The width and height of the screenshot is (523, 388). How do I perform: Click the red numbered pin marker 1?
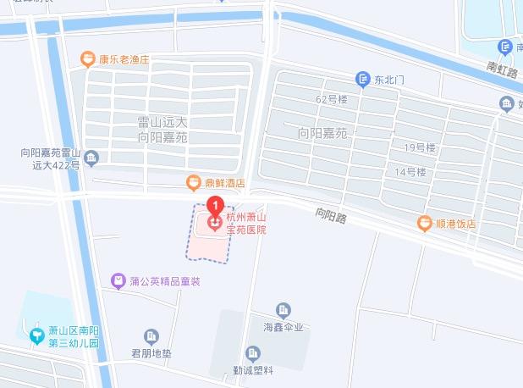[x=216, y=204]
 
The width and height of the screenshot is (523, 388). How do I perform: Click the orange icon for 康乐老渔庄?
[x=87, y=59]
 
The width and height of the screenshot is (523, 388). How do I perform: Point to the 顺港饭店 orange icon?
[x=425, y=224]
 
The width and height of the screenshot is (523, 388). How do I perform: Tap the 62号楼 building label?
[x=331, y=99]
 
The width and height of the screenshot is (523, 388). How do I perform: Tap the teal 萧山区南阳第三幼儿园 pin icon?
[x=36, y=335]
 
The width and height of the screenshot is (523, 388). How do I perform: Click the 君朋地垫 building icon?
[x=151, y=336]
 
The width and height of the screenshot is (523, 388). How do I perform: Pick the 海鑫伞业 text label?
[x=283, y=327]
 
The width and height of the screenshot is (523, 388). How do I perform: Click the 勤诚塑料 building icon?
[x=252, y=353]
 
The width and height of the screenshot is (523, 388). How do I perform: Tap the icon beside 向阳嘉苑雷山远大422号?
[x=91, y=157]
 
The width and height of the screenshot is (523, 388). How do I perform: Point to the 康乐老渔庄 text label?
[x=124, y=60]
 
